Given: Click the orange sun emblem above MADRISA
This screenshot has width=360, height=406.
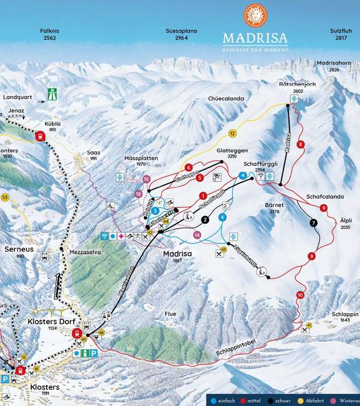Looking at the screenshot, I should pos(255,16).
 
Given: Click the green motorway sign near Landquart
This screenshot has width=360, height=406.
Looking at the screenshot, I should pos(51,95).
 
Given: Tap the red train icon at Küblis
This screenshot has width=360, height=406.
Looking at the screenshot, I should pos(41,136).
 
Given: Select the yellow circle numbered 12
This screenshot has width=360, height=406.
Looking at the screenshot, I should pos(232,133).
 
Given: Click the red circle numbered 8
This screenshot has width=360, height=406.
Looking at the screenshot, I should pos(301,144).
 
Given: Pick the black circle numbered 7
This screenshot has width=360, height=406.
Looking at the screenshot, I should pos(314,222).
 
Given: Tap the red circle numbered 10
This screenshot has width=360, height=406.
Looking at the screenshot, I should pos(300,295).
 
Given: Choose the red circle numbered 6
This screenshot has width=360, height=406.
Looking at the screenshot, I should pos(188,168).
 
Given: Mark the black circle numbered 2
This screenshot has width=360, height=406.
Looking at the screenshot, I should pos(204,219).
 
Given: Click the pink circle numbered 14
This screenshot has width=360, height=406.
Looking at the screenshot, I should pos(197,235).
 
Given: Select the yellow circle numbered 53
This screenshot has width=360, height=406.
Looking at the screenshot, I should pos(4,197).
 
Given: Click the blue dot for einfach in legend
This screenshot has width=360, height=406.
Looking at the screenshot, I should pos(213,400).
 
